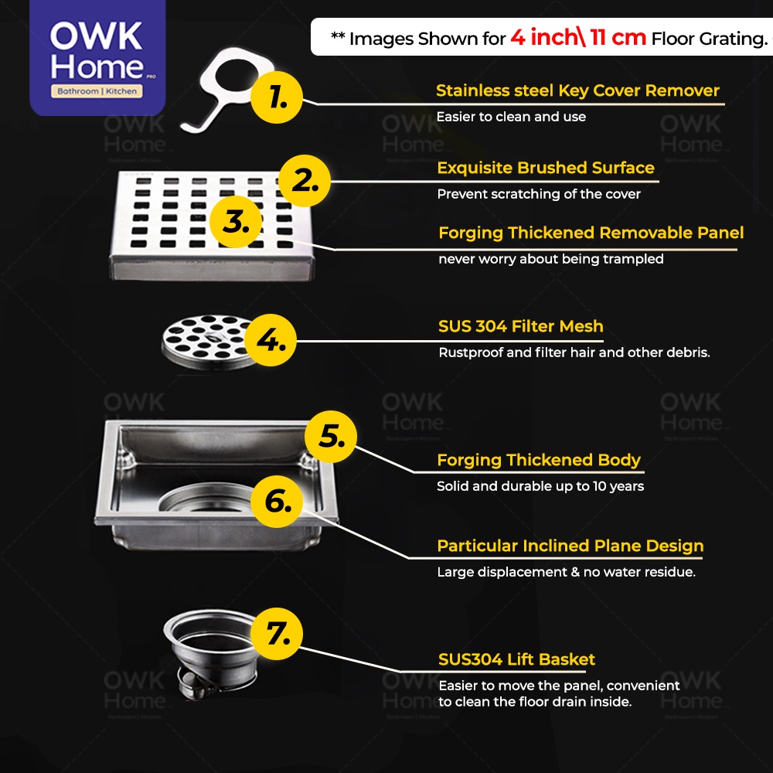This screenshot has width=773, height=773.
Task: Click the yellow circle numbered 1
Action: pyautogui.click(x=277, y=97)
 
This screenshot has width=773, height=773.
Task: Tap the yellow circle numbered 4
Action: pyautogui.click(x=271, y=340)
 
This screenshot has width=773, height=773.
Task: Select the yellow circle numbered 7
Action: pyautogui.click(x=277, y=634)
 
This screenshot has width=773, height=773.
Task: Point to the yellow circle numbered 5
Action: pyautogui.click(x=331, y=437)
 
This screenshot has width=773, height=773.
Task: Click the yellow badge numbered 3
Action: pyautogui.click(x=236, y=222)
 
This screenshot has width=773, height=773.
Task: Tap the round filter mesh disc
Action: pyautogui.click(x=207, y=342)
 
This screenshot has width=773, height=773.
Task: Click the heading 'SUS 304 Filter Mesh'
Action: pyautogui.click(x=520, y=326)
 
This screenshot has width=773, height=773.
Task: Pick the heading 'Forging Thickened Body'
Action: pyautogui.click(x=539, y=460)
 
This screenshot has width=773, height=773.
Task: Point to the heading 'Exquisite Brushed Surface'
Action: pyautogui.click(x=546, y=168)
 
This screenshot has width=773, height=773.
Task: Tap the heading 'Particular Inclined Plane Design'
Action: pyautogui.click(x=570, y=546)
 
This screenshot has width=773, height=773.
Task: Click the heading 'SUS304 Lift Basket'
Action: pyautogui.click(x=516, y=659)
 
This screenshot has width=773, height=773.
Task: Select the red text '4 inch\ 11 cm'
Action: pyautogui.click(x=578, y=37)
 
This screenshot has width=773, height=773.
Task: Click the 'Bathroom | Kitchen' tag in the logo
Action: pyautogui.click(x=97, y=91)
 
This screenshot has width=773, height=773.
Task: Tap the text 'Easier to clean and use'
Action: pyautogui.click(x=511, y=117)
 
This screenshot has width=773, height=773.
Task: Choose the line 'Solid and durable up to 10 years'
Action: pyautogui.click(x=540, y=486)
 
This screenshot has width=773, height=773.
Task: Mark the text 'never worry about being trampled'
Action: pyautogui.click(x=551, y=259)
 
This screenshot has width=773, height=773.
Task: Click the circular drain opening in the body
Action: pyautogui.click(x=207, y=498)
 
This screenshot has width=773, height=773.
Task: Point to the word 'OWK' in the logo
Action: pyautogui.click(x=96, y=36)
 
